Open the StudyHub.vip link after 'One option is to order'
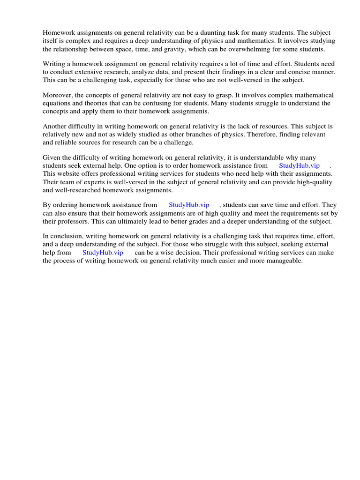[x=299, y=166]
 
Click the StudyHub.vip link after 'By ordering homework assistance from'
[x=189, y=205]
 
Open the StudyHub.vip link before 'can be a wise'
[x=103, y=253]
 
